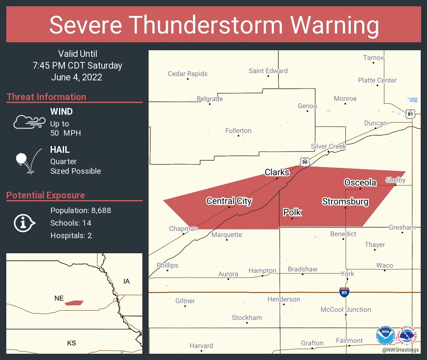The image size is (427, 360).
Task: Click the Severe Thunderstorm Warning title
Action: click(x=213, y=25)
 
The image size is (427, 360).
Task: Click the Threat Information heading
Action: click(x=46, y=97)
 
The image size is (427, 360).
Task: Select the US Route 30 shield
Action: click(x=305, y=162)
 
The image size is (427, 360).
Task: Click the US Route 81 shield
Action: click(x=411, y=113)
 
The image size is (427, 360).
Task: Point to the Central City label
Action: click(x=229, y=201)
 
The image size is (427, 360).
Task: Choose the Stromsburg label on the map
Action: click(x=345, y=202)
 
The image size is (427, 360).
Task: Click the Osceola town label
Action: click(x=360, y=183)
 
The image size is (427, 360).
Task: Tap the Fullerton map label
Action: click(x=238, y=131)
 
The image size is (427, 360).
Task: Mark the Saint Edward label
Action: click(x=268, y=71)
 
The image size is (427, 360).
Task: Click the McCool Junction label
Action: click(x=346, y=310)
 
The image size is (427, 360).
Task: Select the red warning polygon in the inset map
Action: click(x=74, y=303)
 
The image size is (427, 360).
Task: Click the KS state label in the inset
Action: click(x=72, y=343)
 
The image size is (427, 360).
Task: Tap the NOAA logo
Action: click(x=385, y=335)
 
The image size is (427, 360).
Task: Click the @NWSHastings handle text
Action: click(x=400, y=350)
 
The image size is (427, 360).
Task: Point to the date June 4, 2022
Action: click(x=77, y=77)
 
